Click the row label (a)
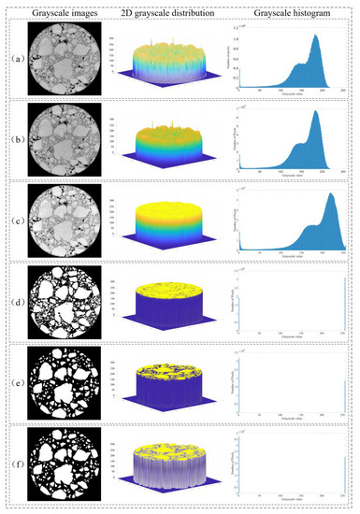[x=14, y=66]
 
